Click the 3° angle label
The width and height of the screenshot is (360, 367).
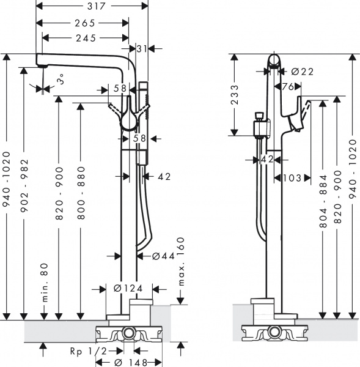[x=60, y=80]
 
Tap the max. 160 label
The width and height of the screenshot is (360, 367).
[x=181, y=262]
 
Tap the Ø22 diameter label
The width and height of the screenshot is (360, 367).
[x=303, y=72]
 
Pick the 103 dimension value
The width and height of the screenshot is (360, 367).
[x=293, y=178]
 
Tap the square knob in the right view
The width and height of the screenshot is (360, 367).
[x=259, y=116]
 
